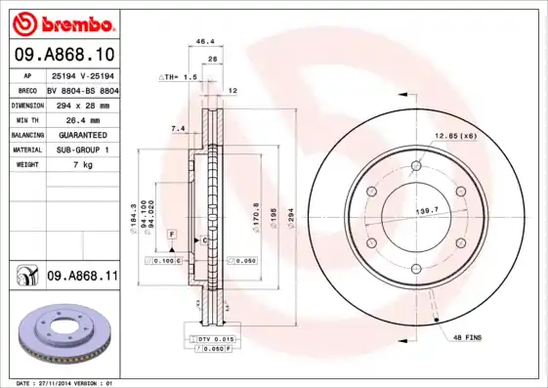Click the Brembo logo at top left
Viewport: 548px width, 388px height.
pos(62,22)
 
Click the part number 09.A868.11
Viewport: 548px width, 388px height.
pos(82,278)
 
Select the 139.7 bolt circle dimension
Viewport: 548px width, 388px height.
pos(425,210)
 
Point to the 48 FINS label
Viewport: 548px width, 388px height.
pos(466,337)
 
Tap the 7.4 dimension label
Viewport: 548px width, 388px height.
pos(178,129)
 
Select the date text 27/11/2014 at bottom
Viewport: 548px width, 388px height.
pos(65,383)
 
